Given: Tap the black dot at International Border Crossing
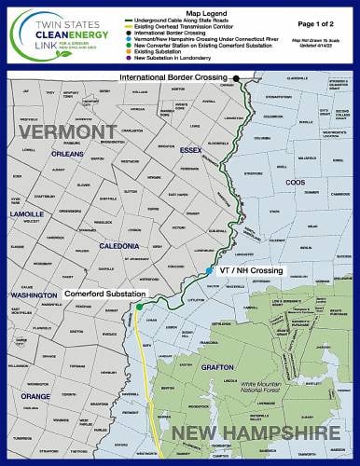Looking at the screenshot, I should coord(237,77).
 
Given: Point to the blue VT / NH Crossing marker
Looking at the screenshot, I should coord(209,269).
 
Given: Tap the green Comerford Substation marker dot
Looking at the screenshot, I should coord(138,307).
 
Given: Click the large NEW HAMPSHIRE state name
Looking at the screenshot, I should coord(256,432).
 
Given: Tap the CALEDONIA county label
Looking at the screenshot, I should coord(119,246).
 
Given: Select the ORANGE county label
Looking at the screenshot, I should coord(35,395).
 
